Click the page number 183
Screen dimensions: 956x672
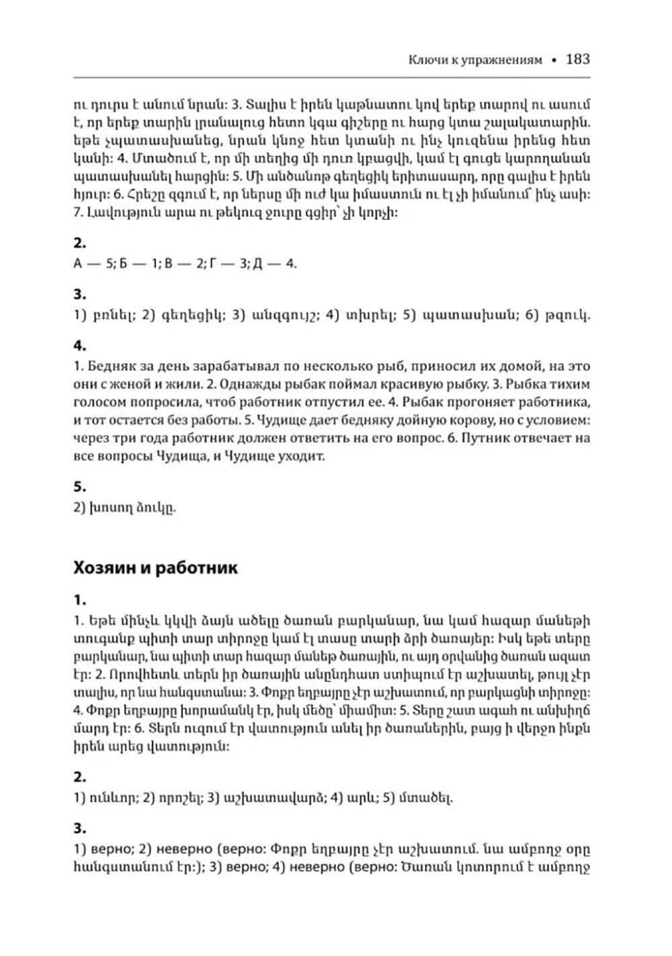point(578,59)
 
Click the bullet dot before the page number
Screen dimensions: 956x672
point(554,60)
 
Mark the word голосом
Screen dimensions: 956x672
point(97,403)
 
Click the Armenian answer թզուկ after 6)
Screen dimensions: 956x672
point(575,316)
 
